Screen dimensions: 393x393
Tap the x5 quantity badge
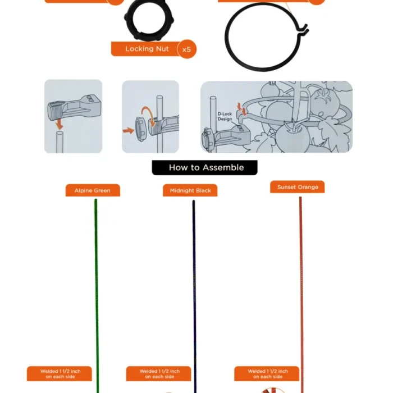coord(187,49)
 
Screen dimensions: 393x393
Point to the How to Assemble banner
coord(205,167)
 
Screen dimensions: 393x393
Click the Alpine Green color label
coord(93,191)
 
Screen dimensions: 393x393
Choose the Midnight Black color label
coord(190,191)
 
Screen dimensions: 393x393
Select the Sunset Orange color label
coord(298,187)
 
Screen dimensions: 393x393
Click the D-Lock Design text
coord(225,116)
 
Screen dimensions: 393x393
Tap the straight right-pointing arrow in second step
coord(129,130)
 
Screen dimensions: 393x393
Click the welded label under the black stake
coord(158,374)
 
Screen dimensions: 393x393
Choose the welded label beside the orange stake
coord(267,374)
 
